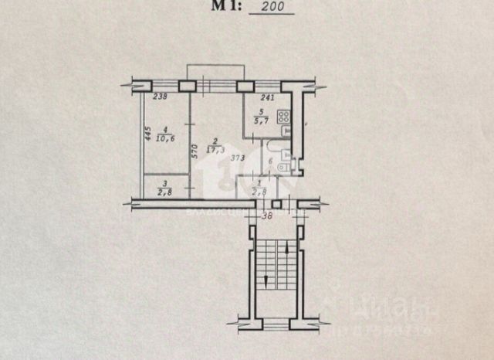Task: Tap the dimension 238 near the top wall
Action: [161, 97]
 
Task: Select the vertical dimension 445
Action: [147, 133]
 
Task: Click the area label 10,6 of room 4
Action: [164, 138]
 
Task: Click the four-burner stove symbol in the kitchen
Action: [284, 118]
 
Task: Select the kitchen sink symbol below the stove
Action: [286, 132]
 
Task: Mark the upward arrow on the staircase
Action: [287, 251]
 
